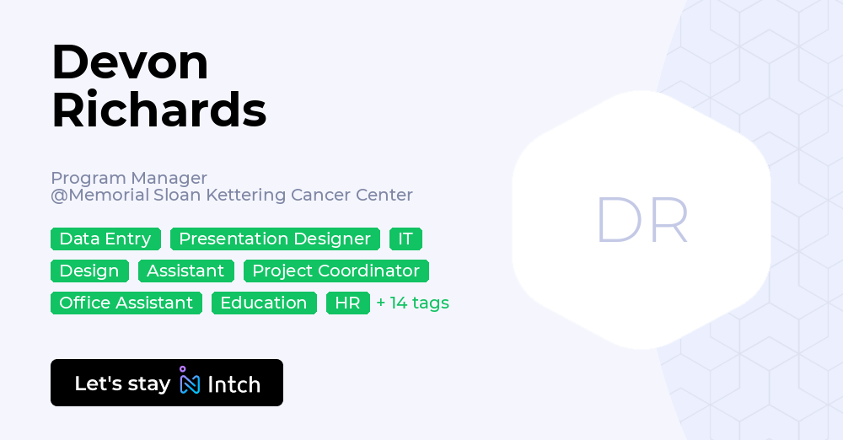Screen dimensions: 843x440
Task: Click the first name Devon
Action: pos(130,62)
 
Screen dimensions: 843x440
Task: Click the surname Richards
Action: pos(159,110)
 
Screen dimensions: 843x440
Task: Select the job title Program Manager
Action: pos(129,178)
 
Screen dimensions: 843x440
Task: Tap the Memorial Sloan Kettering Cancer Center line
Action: pos(232,195)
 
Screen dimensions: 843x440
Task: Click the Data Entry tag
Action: pos(105,239)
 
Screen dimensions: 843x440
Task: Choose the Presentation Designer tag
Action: pos(275,239)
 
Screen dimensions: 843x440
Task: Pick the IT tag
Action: pos(405,239)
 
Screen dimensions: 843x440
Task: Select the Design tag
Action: pos(89,271)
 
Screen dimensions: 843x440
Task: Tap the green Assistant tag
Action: pos(185,271)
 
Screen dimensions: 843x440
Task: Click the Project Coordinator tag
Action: pos(336,271)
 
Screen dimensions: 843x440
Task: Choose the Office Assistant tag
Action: pos(126,303)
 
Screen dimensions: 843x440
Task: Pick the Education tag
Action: pos(263,303)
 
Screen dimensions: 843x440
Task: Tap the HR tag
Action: pos(348,303)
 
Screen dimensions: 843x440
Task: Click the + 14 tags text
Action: pos(412,303)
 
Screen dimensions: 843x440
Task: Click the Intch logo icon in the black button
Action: pos(189,380)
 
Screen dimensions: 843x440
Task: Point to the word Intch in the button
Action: pos(234,384)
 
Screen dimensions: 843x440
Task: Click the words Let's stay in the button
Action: pos(122,384)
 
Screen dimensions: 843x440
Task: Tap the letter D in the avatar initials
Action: pos(619,219)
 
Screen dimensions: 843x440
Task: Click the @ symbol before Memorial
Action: pos(59,196)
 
